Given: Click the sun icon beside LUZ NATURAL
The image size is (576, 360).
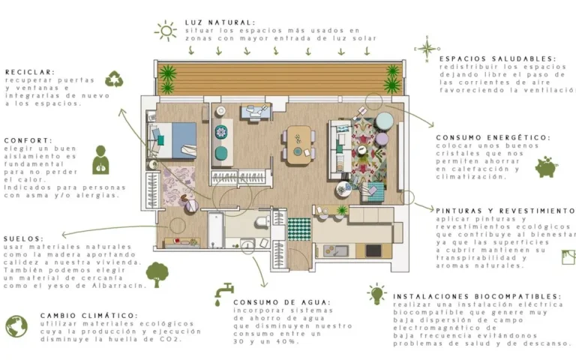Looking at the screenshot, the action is tap(166, 31).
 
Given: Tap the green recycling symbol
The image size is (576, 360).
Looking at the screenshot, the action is tap(114, 79).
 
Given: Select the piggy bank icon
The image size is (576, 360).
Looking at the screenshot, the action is tap(547, 167).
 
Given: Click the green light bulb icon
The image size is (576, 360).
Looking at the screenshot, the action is tap(376, 293).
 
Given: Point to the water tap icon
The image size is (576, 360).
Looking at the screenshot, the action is tap(223, 294).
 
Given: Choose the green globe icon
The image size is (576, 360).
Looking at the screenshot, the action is tap(16, 326).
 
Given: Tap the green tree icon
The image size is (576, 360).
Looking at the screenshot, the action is tap(157, 274).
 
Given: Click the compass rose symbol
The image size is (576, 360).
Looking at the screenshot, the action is tap(427, 49).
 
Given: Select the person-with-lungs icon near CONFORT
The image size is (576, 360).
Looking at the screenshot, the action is tap(100, 160).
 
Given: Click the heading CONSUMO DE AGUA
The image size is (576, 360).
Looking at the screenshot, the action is tap(282, 303).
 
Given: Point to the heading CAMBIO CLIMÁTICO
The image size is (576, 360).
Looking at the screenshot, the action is tap(89, 316).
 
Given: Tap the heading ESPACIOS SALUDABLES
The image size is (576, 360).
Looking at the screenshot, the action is tap(498, 58).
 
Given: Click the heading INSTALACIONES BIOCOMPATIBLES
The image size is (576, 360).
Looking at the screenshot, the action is tap(477, 296).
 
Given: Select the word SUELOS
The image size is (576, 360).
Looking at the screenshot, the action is tap(24, 238).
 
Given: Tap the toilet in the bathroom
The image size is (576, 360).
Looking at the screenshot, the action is tap(262, 222).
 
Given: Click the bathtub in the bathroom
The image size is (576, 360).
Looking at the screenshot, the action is tap(216, 230).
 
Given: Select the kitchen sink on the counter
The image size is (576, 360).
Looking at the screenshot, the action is tap(335, 251).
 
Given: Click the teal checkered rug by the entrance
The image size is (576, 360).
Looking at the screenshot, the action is tap(299, 229).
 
